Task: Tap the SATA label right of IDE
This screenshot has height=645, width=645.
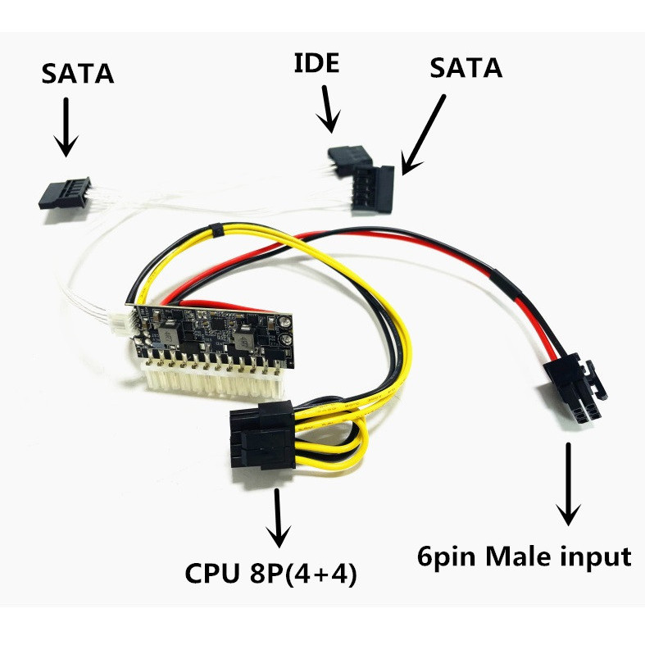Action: click(x=465, y=68)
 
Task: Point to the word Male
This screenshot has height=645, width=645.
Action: click(x=525, y=557)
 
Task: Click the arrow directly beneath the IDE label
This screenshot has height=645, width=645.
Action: click(x=329, y=110)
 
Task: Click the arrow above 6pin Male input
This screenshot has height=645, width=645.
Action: click(x=566, y=484)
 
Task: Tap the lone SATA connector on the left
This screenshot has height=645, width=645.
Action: click(x=62, y=193)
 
